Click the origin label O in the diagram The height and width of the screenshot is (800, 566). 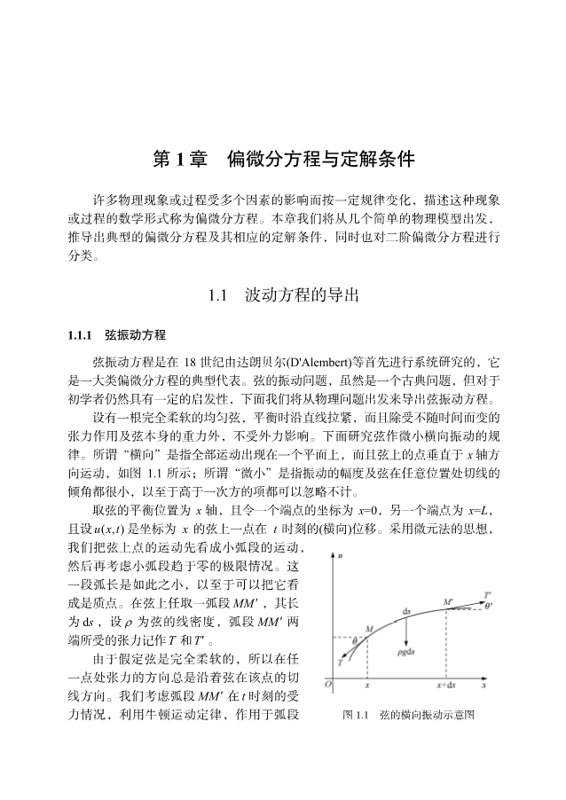[x=328, y=686]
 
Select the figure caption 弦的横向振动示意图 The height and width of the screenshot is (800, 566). [x=427, y=714]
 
